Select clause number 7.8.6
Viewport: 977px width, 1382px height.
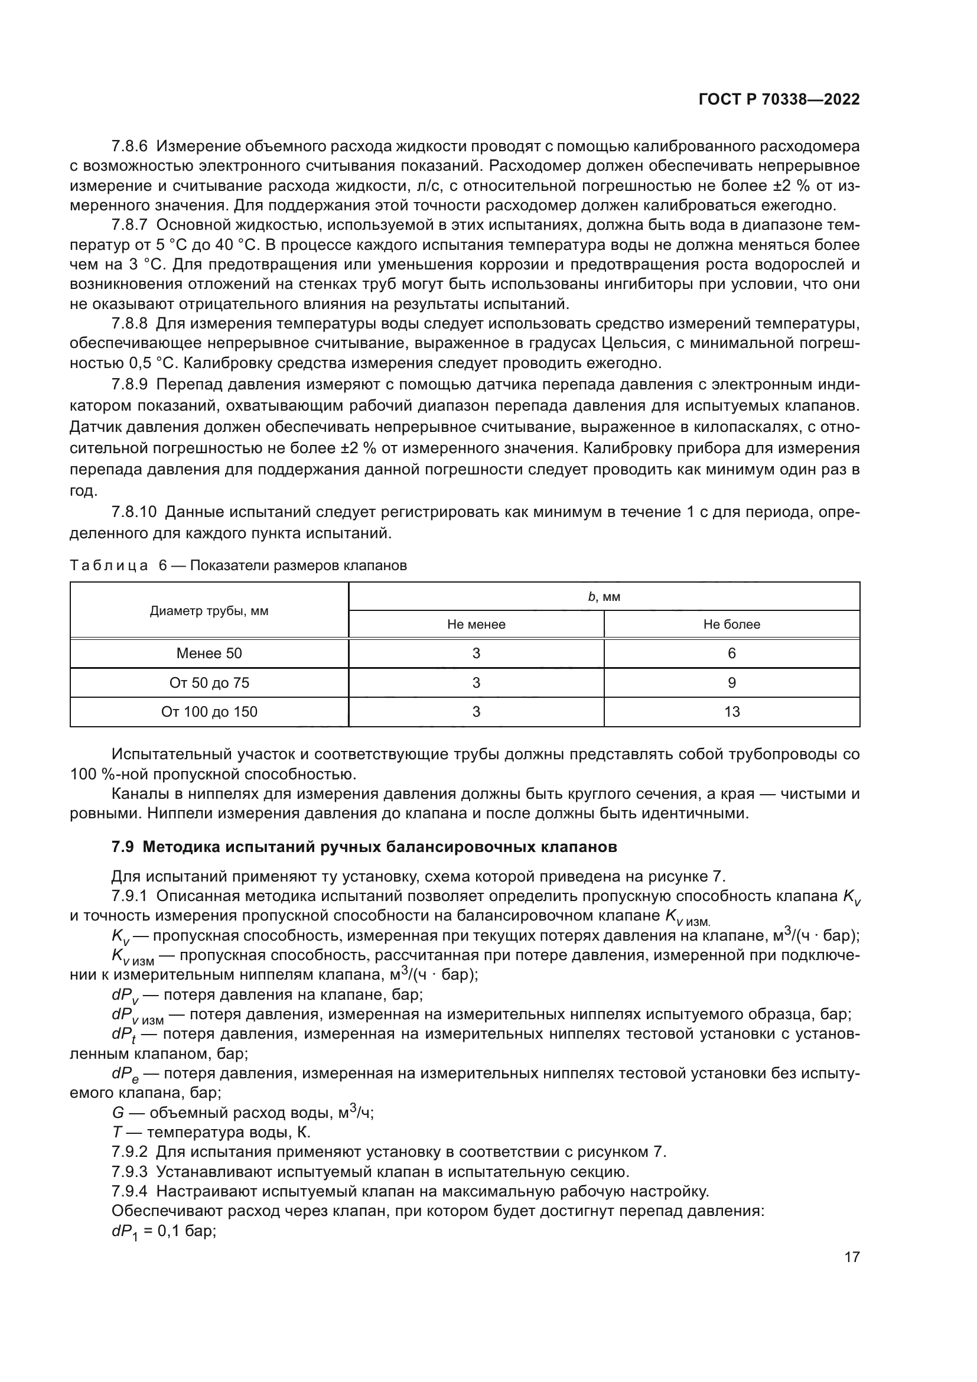129,147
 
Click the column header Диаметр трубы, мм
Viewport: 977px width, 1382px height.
209,611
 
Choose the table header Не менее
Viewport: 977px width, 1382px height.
476,624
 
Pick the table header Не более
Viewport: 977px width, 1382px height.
731,624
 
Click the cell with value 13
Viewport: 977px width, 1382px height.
731,712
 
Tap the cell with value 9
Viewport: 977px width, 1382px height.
731,682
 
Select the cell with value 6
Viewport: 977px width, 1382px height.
731,653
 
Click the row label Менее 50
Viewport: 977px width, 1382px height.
209,653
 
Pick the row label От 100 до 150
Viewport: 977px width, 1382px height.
209,712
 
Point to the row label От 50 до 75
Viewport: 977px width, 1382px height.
209,682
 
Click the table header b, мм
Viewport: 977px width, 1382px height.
604,597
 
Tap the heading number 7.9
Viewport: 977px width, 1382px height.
123,847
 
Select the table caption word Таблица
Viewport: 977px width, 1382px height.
108,566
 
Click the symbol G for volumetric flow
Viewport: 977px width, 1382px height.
118,1113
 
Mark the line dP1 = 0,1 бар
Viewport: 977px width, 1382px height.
163,1231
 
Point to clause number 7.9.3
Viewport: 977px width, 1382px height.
129,1172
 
